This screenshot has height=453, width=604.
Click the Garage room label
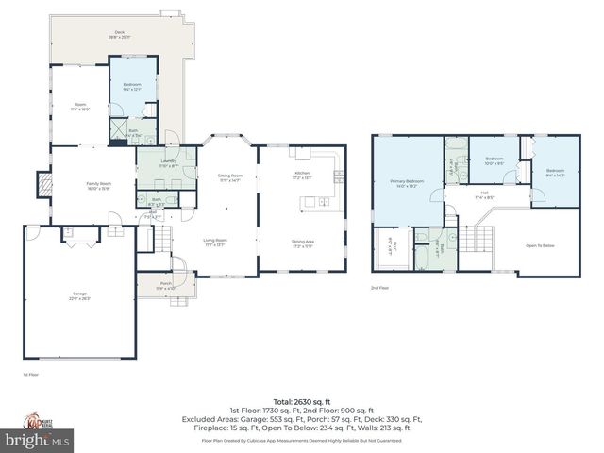[x=79, y=294]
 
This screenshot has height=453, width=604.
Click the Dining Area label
[x=302, y=243]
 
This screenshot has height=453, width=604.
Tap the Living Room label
[x=215, y=242]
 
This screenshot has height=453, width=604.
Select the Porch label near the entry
[x=165, y=285]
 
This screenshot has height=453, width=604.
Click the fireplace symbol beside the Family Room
[x=42, y=181]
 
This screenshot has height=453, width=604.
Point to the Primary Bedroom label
[x=406, y=182]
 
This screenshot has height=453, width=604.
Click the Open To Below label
[x=539, y=245]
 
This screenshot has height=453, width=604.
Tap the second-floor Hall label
[x=481, y=193]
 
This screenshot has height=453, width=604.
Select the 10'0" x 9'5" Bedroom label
[x=494, y=160]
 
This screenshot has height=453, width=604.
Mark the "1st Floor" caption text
[x=30, y=375]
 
